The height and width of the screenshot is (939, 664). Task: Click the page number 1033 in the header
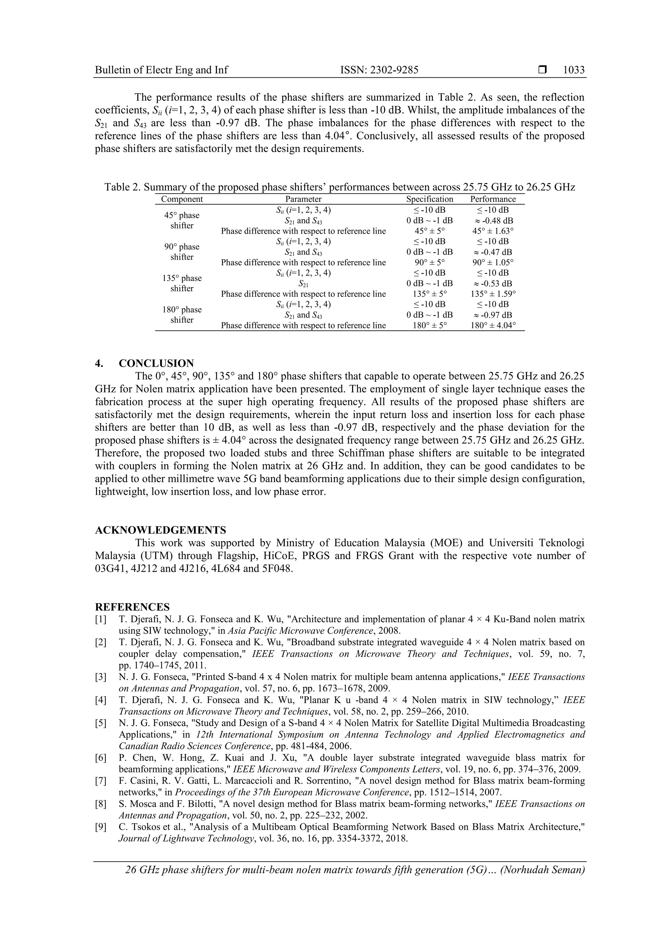574,70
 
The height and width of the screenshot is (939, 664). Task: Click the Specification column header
429,199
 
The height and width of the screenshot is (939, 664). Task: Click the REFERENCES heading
132,606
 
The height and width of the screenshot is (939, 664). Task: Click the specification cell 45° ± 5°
429,231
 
